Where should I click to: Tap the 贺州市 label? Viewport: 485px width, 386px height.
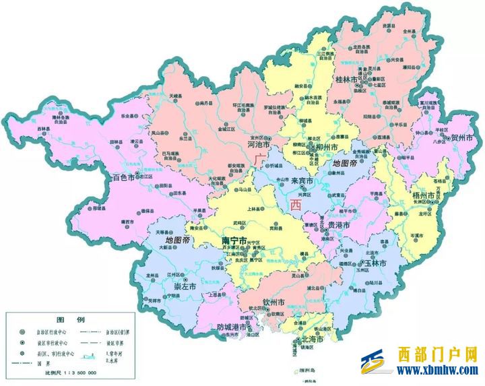click(x=461, y=137)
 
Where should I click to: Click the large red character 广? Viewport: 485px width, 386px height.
click(x=261, y=158)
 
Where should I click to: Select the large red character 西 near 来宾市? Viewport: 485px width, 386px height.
click(x=294, y=204)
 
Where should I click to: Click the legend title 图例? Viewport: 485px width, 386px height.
click(x=69, y=319)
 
